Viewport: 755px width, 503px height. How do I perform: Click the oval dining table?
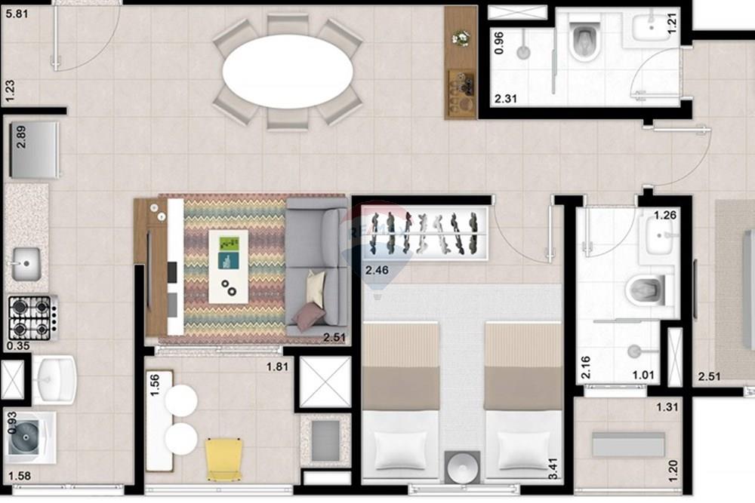coord(288,71)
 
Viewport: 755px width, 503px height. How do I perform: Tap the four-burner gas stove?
coord(30,317)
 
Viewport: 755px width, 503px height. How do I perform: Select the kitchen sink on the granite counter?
coord(26,263)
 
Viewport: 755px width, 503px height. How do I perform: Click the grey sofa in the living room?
coord(317,264)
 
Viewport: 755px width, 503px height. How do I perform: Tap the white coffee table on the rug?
coord(228,265)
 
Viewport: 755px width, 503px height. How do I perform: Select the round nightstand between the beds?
coord(461,466)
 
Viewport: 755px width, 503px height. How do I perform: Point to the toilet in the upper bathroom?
coord(584,40)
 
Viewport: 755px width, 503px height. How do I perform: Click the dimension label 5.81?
coord(15,13)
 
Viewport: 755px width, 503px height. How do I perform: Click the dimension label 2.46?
coord(377,269)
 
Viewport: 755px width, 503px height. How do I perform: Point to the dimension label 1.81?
coord(277,367)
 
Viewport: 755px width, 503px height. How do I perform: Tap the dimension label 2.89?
coord(21,136)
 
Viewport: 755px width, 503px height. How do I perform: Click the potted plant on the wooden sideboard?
coord(459,37)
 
